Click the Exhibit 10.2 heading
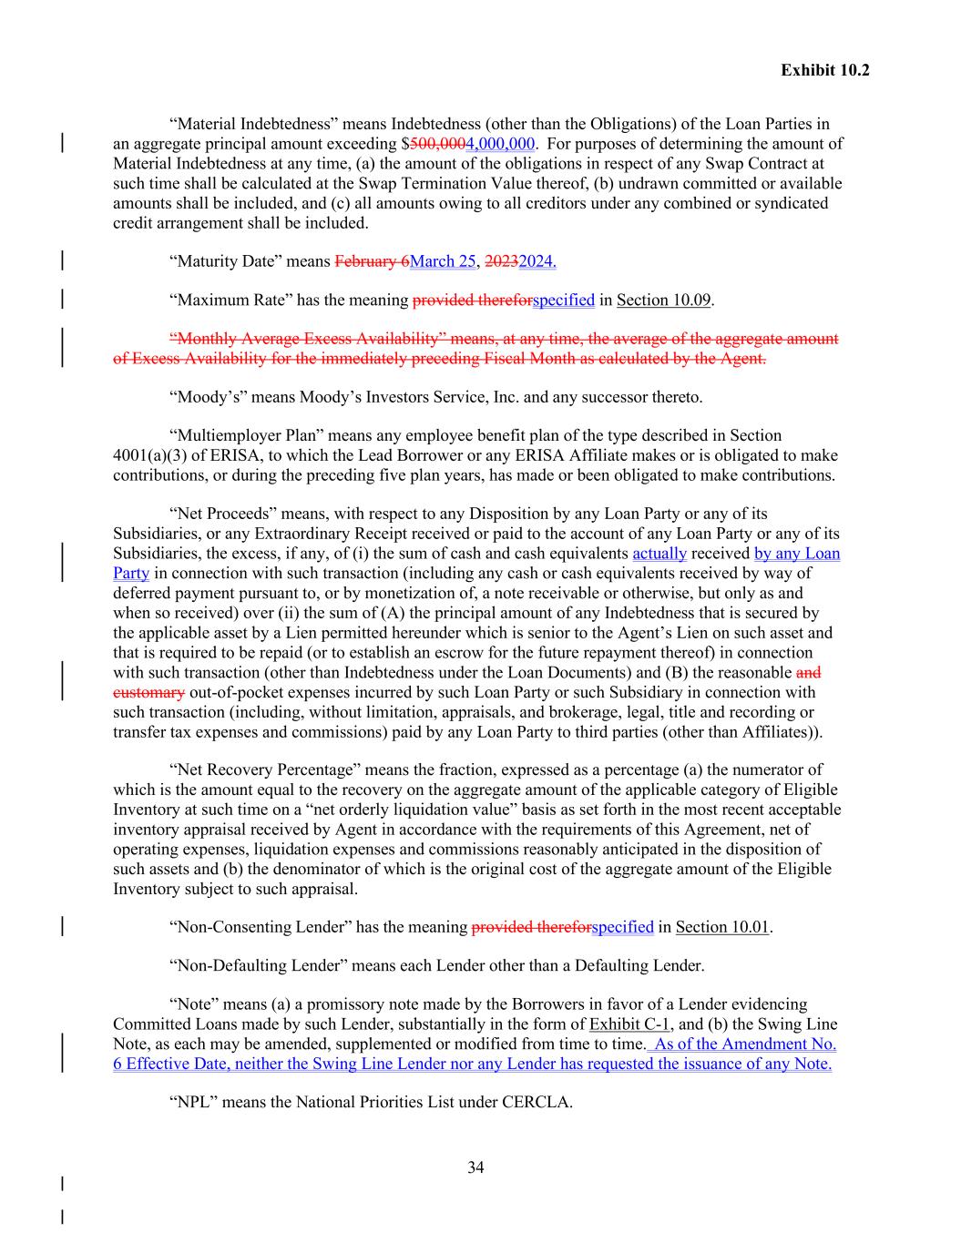click(824, 70)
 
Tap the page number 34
click(475, 1167)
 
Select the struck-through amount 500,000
click(437, 144)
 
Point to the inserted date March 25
click(444, 261)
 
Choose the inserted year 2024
click(537, 261)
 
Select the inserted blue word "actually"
click(659, 554)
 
